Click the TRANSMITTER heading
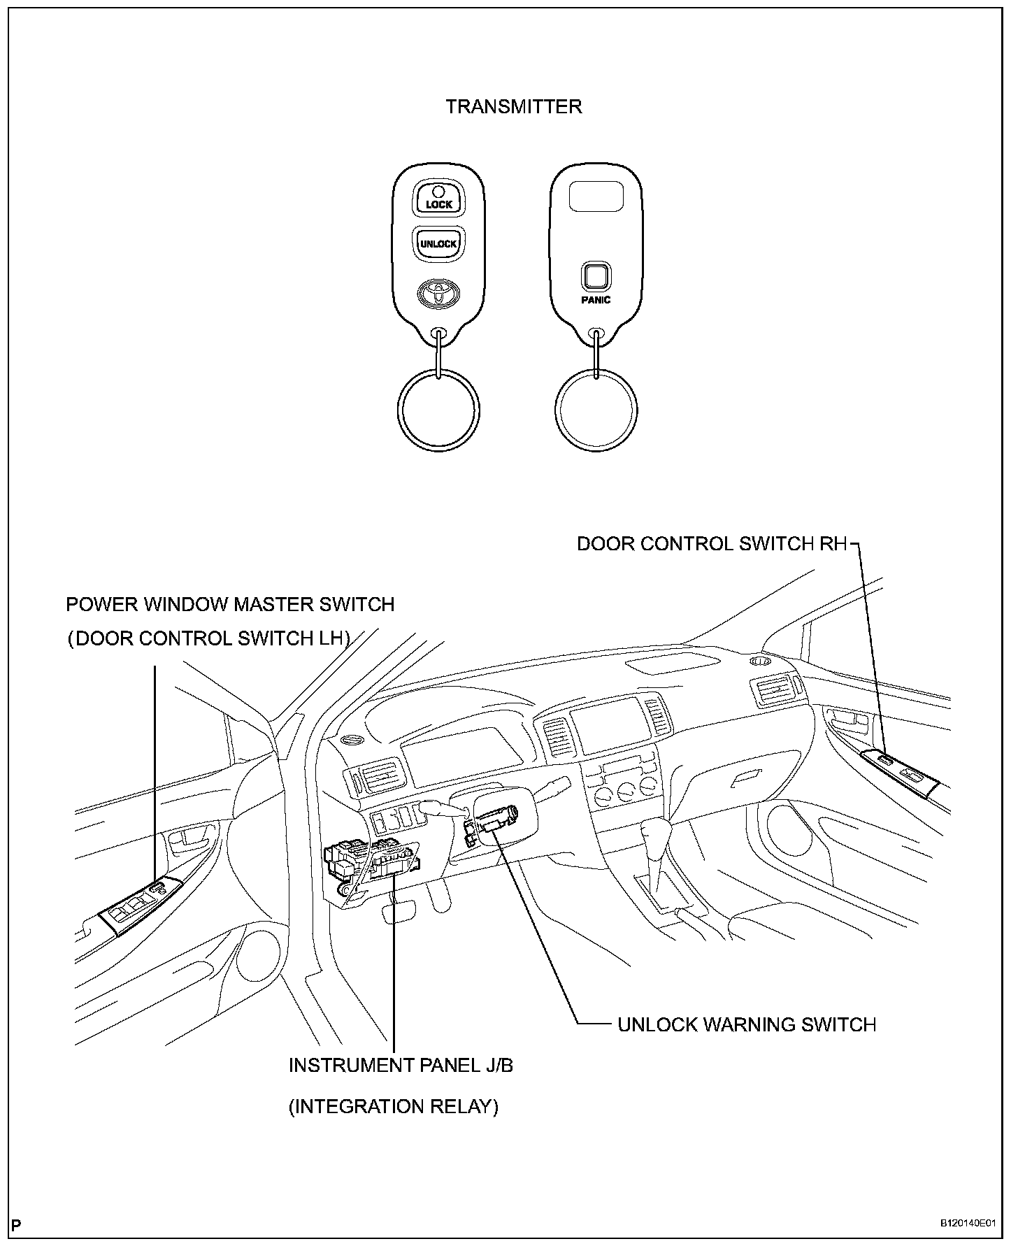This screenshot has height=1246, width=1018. tap(514, 107)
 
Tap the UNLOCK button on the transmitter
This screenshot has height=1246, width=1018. tap(438, 243)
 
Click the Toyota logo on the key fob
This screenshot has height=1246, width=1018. tap(438, 292)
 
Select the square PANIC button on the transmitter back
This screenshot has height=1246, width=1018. tap(596, 277)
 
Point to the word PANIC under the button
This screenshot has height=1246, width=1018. tap(596, 300)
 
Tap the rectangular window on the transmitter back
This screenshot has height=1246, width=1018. tap(596, 196)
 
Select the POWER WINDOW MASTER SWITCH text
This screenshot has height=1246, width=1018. tap(230, 604)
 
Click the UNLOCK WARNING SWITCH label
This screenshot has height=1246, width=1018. tap(747, 1025)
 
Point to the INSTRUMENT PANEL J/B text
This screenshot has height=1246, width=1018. tap(401, 1066)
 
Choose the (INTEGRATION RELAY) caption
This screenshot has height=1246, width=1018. tap(394, 1107)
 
